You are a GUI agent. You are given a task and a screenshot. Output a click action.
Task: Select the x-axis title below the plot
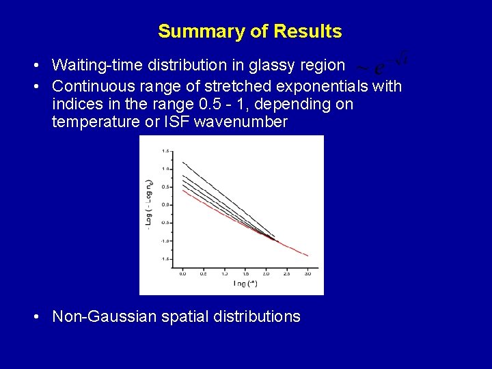tap(245, 284)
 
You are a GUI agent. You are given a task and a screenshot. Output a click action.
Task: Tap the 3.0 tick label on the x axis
tap(307, 273)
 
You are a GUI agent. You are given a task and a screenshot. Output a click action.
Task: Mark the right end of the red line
tap(307, 256)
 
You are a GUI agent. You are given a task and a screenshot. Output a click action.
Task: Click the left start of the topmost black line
tap(183, 162)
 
